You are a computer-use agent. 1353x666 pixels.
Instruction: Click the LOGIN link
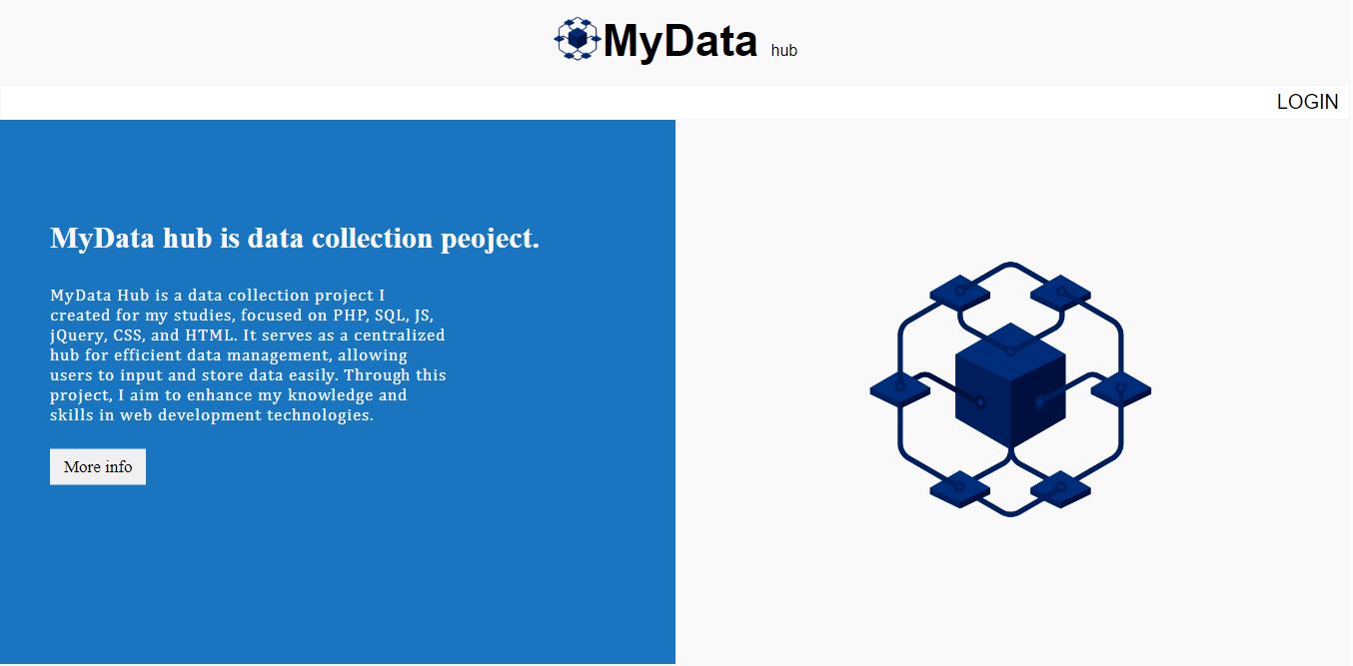(1307, 102)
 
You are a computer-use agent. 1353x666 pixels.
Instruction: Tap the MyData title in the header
(680, 42)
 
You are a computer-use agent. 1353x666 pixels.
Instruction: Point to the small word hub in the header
(784, 50)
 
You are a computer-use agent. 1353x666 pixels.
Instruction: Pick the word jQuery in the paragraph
(76, 335)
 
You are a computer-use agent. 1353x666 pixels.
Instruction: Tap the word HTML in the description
(209, 335)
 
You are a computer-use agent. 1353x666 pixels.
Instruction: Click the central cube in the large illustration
(1010, 385)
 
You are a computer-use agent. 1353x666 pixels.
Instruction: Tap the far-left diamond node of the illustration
(900, 389)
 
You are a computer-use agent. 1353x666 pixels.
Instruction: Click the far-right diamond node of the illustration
(1120, 389)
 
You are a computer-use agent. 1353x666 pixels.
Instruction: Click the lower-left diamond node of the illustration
(959, 488)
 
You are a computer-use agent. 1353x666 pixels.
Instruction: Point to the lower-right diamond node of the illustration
(1060, 488)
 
